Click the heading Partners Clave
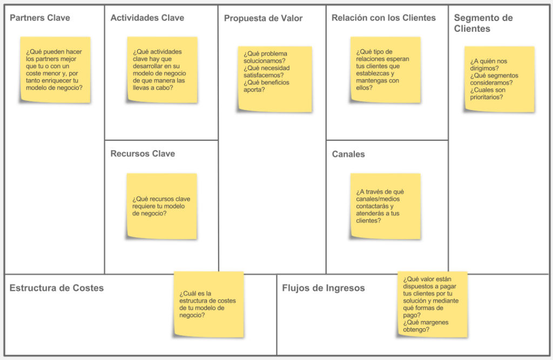40,18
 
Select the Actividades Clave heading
147,18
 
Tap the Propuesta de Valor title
263,18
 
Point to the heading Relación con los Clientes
384,18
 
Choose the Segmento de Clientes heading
483,23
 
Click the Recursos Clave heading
143,154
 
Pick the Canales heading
348,154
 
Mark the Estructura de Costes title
56,288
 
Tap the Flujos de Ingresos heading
323,288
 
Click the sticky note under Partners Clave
56,70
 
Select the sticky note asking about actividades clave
162,70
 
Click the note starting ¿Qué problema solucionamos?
275,79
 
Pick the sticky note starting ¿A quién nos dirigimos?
500,79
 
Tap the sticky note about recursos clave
162,206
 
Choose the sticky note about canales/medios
386,206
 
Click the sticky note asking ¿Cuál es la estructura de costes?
209,304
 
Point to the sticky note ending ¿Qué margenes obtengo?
433,304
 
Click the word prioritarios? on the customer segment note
487,97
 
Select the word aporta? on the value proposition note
254,90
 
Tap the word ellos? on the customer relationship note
364,88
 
